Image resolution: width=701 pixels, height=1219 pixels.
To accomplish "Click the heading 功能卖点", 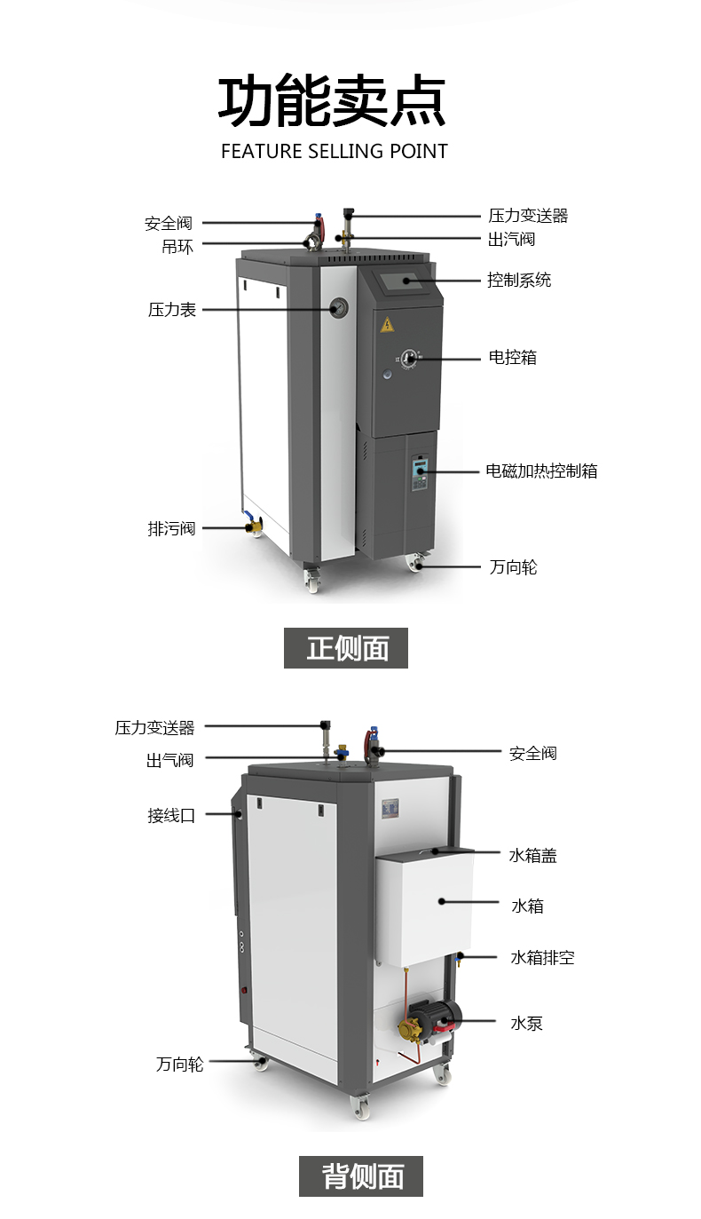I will point(333,102).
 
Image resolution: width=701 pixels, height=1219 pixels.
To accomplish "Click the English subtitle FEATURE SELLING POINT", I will point(334,151).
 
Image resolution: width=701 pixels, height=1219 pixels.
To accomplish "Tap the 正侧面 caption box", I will point(346,648).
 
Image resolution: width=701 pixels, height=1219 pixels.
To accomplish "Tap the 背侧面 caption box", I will point(361,1176).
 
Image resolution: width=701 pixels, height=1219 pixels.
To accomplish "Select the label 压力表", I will point(172,310).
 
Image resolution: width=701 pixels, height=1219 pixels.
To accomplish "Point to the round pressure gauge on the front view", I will point(338,309).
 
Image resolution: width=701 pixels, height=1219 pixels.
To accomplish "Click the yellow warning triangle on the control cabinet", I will point(387,325).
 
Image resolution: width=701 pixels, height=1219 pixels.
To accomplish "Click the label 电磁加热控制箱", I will point(541,471).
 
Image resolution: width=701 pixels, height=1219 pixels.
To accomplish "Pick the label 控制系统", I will point(519,280).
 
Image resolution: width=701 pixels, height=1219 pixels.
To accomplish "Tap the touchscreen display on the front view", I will point(405,282).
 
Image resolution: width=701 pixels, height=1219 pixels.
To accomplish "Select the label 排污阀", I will point(171,528).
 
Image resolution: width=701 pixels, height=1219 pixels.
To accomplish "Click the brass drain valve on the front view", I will point(254,527).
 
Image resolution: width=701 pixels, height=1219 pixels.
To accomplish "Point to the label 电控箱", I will point(513,358).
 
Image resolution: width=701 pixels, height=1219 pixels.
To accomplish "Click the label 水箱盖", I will point(532,856).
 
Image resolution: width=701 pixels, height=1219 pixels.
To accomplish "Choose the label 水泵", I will point(526,1024).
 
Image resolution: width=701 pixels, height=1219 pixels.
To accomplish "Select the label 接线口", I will point(171,815).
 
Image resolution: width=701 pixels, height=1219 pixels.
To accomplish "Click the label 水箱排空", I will point(542,958).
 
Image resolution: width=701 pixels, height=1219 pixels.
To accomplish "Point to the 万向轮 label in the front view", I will point(513,566).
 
